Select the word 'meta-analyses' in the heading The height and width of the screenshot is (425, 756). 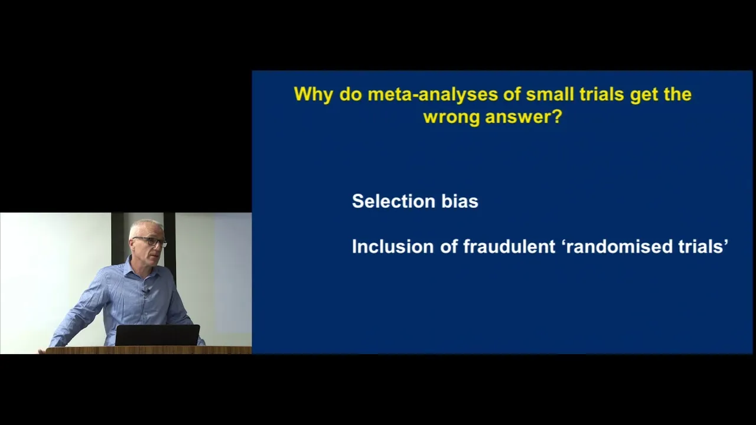click(x=433, y=94)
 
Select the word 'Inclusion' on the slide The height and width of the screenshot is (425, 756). click(x=393, y=247)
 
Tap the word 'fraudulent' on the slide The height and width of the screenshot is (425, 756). click(x=509, y=247)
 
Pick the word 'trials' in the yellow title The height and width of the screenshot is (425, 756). click(x=602, y=94)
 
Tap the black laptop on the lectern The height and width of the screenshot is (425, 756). click(x=157, y=335)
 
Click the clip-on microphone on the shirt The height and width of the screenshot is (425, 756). click(x=145, y=292)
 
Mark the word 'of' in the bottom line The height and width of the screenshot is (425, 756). click(x=448, y=247)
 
